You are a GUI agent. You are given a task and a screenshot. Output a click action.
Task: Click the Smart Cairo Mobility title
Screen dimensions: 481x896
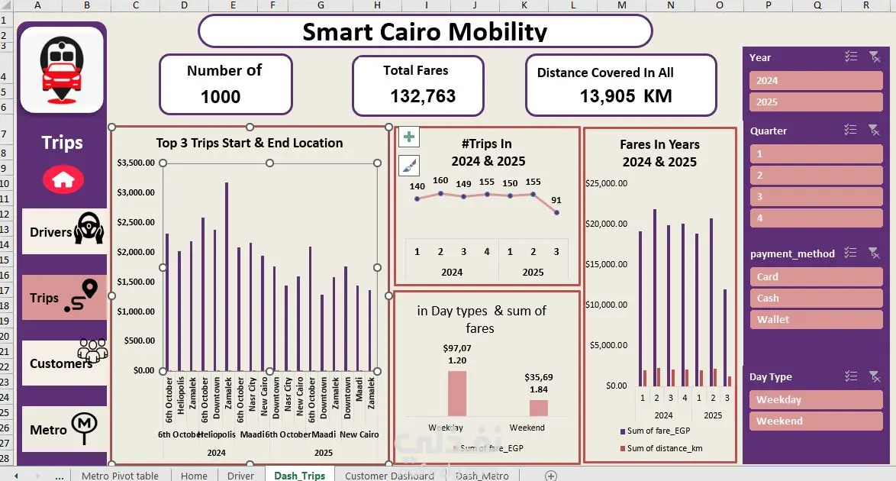click(424, 31)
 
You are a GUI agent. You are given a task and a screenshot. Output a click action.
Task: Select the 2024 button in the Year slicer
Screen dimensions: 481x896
click(815, 80)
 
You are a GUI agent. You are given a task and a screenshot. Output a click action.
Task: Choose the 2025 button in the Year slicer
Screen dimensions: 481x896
click(815, 102)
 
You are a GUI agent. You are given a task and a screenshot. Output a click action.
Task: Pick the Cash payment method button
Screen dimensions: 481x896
click(815, 298)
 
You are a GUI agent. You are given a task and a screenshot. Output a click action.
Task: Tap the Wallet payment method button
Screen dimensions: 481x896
click(815, 319)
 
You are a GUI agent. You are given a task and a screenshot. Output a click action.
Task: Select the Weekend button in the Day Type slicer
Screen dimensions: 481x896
click(815, 421)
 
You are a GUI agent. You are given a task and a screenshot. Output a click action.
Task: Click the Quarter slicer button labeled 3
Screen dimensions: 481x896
click(815, 196)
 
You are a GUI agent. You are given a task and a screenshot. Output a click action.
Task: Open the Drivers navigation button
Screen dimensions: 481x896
click(64, 231)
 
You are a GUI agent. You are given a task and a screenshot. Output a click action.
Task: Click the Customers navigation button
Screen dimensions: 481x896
click(64, 363)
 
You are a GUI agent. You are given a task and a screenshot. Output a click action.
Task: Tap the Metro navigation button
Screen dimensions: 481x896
click(64, 428)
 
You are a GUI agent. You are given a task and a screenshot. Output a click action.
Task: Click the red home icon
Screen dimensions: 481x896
click(63, 179)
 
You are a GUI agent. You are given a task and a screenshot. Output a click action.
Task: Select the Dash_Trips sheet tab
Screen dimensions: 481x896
click(299, 475)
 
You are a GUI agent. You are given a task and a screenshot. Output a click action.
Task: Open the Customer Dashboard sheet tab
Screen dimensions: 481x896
click(389, 475)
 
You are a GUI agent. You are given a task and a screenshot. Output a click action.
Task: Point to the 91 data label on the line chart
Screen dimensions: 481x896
click(556, 200)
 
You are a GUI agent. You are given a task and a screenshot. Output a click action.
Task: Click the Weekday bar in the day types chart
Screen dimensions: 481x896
click(456, 393)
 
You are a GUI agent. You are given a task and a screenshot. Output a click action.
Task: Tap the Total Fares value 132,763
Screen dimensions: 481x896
click(423, 96)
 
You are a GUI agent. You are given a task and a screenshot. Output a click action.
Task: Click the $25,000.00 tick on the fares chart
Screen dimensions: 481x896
click(606, 183)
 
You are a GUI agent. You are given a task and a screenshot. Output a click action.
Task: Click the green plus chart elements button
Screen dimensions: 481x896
click(410, 137)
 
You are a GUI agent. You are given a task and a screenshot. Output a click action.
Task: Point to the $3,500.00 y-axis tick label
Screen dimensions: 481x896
click(136, 163)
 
